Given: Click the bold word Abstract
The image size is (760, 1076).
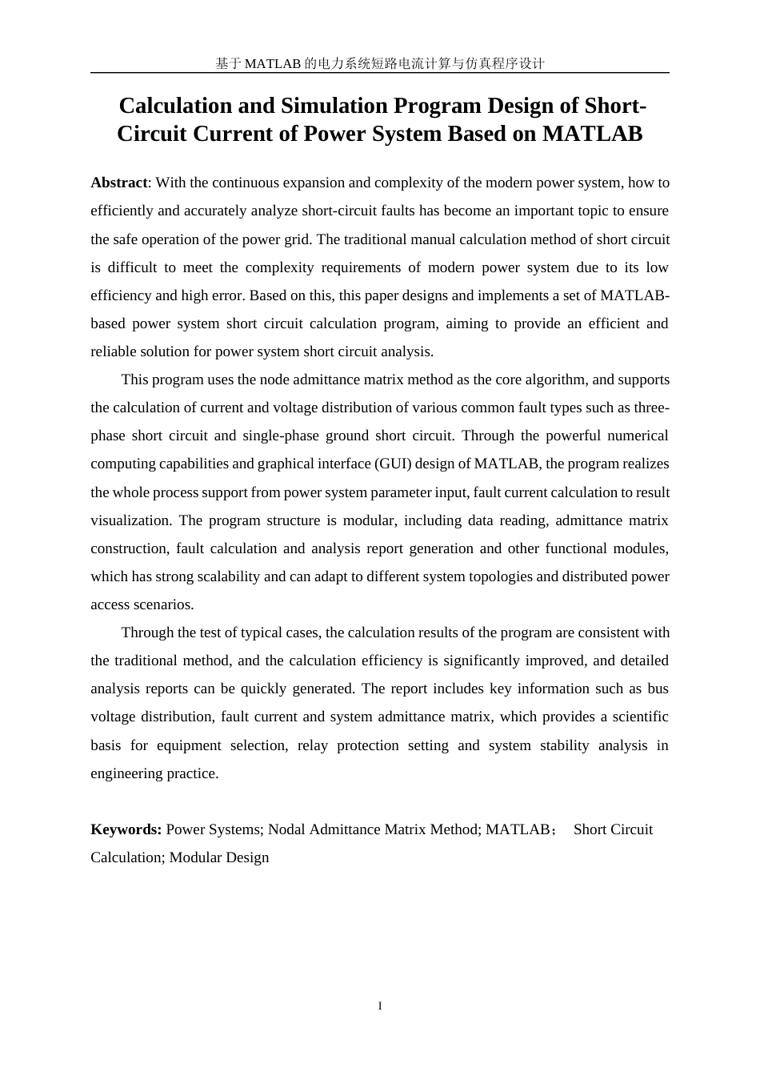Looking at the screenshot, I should pos(119,183).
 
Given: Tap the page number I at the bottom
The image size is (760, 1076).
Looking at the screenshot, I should pos(380,1006).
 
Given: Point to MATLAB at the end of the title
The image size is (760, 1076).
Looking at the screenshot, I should pos(592,134).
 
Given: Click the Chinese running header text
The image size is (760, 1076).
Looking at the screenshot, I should pos(380,63).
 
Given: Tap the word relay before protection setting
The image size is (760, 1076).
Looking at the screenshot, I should pos(312,745).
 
